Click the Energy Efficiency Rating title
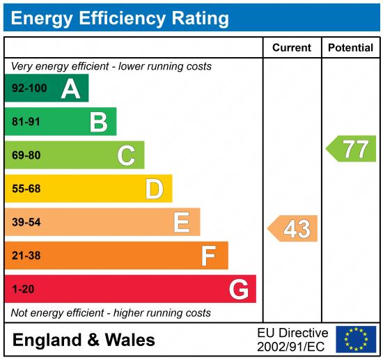(x=120, y=17)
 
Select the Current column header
(x=291, y=48)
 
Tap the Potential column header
(x=350, y=48)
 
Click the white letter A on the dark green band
(x=70, y=88)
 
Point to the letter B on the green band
(x=98, y=123)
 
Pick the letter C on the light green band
(x=126, y=155)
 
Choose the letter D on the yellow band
(x=154, y=189)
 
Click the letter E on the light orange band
(x=182, y=222)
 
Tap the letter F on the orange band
(x=209, y=256)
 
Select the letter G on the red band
(x=238, y=289)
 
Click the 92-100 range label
(x=29, y=89)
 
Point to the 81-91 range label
(x=26, y=123)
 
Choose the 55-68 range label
(x=26, y=189)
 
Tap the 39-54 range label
(x=26, y=222)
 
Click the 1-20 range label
(x=22, y=289)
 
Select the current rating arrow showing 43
(x=293, y=228)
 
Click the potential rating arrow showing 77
(x=352, y=149)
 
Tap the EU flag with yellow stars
(x=355, y=339)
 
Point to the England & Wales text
(x=84, y=341)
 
